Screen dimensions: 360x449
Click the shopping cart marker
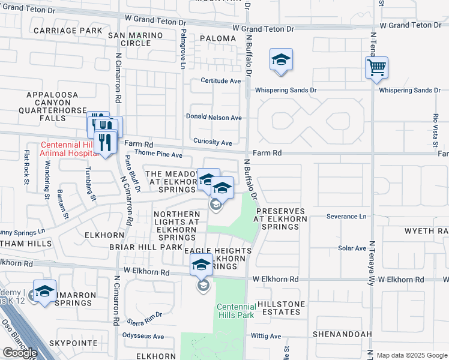(x=376, y=68)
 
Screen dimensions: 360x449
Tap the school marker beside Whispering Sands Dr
(x=281, y=60)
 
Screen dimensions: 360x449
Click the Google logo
(x=20, y=353)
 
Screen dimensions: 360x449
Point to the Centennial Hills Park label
(x=235, y=311)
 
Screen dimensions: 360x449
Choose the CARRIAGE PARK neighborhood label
(x=68, y=30)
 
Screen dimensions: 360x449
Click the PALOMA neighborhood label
(x=218, y=38)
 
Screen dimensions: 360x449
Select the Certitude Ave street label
(x=220, y=81)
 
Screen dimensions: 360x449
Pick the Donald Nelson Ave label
(x=213, y=118)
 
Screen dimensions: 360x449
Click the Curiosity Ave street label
(x=212, y=143)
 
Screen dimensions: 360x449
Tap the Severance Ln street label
(x=346, y=216)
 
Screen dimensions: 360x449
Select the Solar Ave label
(x=352, y=248)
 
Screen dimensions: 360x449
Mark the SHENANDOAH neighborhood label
(x=342, y=334)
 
